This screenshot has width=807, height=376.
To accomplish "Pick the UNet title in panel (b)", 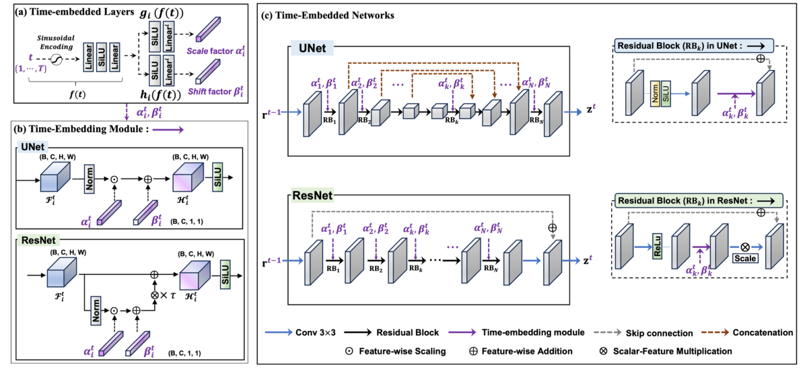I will click(32, 148).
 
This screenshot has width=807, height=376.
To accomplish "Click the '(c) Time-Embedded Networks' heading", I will click(328, 15).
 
